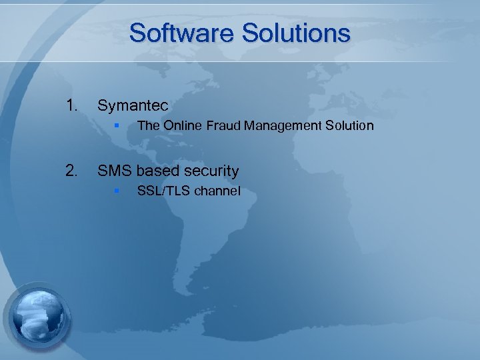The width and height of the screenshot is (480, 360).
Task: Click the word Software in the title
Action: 181,33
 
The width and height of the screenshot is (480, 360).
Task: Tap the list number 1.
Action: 71,105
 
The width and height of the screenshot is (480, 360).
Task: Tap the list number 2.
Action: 71,171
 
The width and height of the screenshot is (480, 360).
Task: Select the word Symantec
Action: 133,105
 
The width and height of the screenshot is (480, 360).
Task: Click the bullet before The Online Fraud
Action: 116,125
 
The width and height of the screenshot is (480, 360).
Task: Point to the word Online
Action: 181,125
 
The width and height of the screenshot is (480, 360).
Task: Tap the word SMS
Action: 115,171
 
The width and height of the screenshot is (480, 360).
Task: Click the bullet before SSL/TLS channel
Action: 116,191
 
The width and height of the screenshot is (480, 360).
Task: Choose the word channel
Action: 217,191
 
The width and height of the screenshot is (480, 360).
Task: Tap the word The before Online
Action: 147,125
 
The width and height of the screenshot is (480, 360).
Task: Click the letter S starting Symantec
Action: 103,105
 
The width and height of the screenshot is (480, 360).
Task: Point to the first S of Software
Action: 137,33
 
